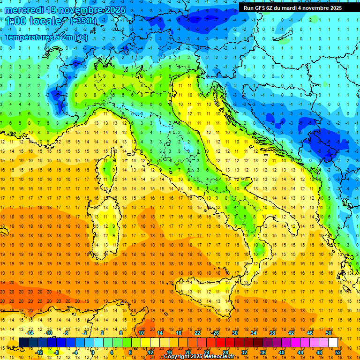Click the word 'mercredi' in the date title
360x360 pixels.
pyautogui.click(x=26, y=10)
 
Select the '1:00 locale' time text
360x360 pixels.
pyautogui.click(x=34, y=21)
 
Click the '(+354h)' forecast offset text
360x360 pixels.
pyautogui.click(x=83, y=21)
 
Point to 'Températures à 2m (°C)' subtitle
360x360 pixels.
pyautogui.click(x=46, y=37)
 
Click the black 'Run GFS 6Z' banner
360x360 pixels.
pyautogui.click(x=292, y=7)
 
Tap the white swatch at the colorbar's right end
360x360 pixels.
pyautogui.click(x=333, y=342)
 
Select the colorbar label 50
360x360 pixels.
pyautogui.click(x=328, y=333)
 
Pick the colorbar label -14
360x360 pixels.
pyautogui.click(x=30, y=333)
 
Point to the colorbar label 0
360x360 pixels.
pyautogui.click(x=93, y=352)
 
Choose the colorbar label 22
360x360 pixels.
pyautogui.click(x=197, y=333)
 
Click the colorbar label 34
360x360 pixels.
pyautogui.click(x=253, y=333)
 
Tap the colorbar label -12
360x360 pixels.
pyautogui.click(x=39, y=352)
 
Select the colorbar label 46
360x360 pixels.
pyautogui.click(x=309, y=333)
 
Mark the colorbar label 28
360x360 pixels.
pyautogui.click(x=225, y=352)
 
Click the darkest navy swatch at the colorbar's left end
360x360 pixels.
pyautogui.click(x=23, y=342)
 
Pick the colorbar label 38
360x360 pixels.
pyautogui.click(x=272, y=333)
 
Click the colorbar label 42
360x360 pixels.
pyautogui.click(x=291, y=333)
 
